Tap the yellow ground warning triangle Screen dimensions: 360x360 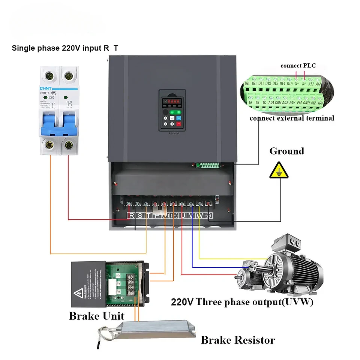tap(279, 171)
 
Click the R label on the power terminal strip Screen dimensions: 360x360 tap(132, 216)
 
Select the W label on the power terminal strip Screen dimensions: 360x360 tap(199, 216)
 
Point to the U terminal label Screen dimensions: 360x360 tap(183, 216)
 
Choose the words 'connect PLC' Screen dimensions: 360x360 tap(298, 66)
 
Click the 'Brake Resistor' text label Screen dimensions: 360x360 tap(238, 340)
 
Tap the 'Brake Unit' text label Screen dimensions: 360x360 tap(96, 316)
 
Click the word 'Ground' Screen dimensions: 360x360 tap(286, 151)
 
